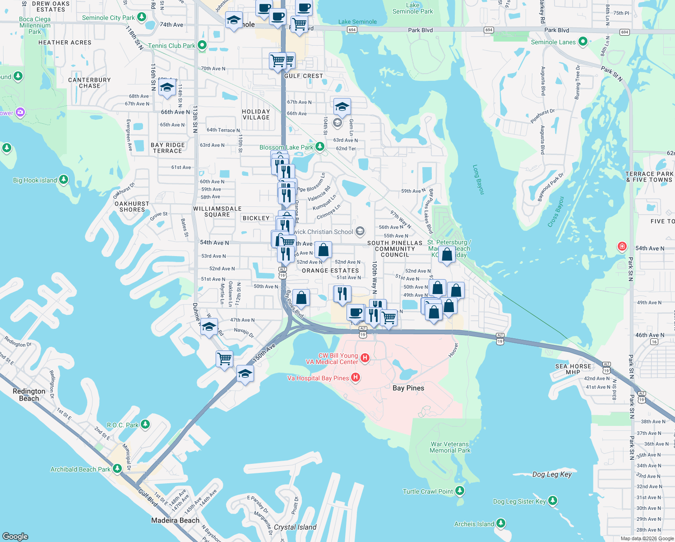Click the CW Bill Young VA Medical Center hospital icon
(x=365, y=358)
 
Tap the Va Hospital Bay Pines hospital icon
(x=356, y=378)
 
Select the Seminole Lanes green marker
(x=583, y=42)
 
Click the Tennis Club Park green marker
(x=202, y=45)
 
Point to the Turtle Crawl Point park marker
(x=459, y=491)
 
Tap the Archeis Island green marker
(x=500, y=523)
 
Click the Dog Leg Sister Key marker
(x=552, y=501)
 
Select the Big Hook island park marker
(x=64, y=180)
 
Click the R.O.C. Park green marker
(x=145, y=425)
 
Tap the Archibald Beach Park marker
(x=117, y=469)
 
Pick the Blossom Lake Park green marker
(x=319, y=147)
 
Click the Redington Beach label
(x=29, y=395)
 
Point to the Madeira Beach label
(x=175, y=520)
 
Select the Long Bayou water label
(x=478, y=180)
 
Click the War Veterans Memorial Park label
(x=450, y=447)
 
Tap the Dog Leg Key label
(x=552, y=474)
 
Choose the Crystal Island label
(x=295, y=527)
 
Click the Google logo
(x=15, y=537)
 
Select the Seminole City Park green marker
(x=142, y=17)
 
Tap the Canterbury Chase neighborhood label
(x=89, y=83)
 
